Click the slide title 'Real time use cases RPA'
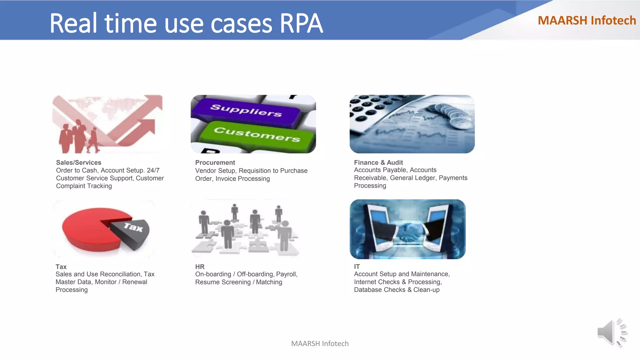pos(186,23)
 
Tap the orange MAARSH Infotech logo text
pos(587,21)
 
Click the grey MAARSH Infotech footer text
pos(320,343)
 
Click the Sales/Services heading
pos(79,162)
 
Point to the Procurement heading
pos(215,162)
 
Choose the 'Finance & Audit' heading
pos(378,162)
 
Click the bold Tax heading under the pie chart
pos(61,267)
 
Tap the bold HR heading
pos(200,267)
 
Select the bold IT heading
pos(357,267)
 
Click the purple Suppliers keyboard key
pos(246,110)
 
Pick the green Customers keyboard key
pos(257,135)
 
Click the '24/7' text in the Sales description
pos(153,170)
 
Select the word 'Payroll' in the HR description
pos(286,274)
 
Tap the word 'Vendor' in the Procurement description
pos(205,171)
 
